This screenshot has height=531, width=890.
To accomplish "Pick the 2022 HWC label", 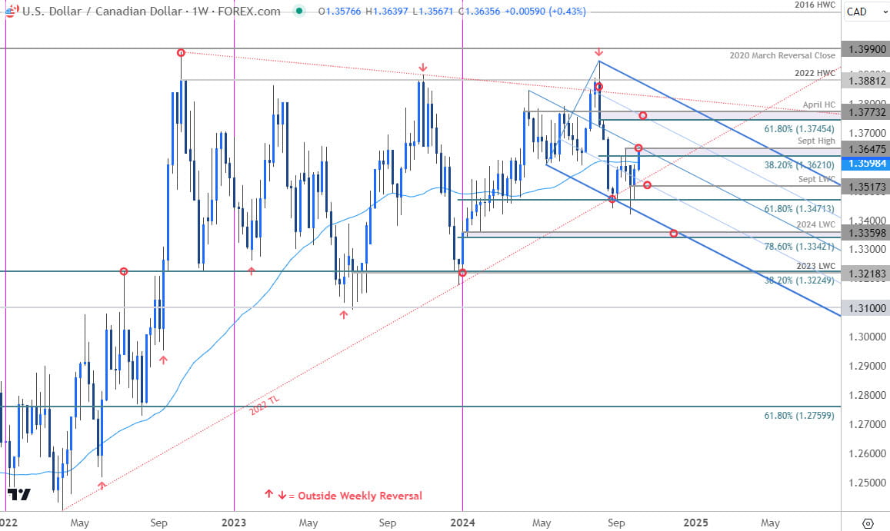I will pos(816,73).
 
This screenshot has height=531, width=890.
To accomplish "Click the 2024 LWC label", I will pos(816,224).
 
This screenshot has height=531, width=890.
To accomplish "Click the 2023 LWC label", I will pos(816,265).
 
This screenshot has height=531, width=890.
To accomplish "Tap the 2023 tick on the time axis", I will pos(233,521).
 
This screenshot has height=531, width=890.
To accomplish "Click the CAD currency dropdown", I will pos(863,12).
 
